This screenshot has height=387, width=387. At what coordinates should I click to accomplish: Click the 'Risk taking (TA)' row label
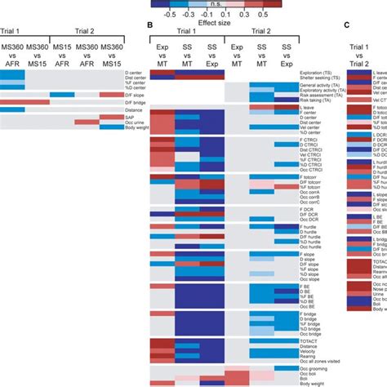(x=319, y=99)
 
